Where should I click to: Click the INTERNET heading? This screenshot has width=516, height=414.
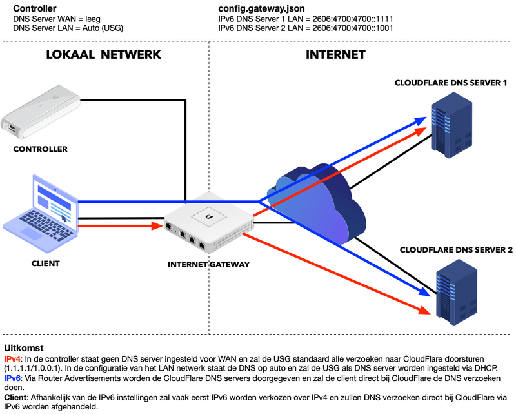point(335,55)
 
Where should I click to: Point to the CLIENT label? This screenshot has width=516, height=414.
point(45,264)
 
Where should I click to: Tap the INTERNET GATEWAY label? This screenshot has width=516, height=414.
point(208,264)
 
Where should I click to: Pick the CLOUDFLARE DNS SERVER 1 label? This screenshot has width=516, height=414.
point(451,83)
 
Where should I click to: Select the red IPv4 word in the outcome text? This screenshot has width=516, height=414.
point(13,358)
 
